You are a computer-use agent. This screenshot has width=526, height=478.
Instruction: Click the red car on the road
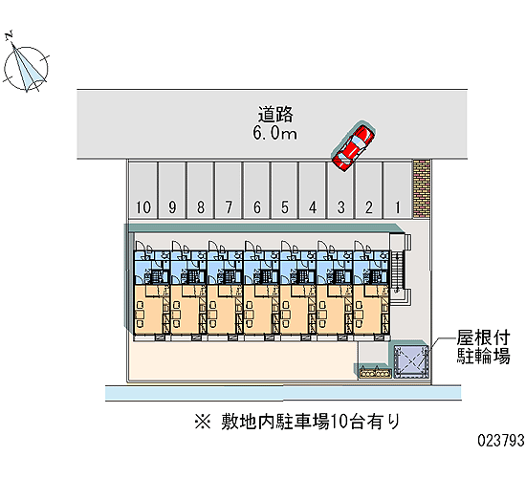[353, 147]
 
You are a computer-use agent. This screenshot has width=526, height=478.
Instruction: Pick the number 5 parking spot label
[285, 207]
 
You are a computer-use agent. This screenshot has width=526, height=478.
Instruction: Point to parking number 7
[229, 207]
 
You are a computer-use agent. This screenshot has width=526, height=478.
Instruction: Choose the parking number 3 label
[341, 207]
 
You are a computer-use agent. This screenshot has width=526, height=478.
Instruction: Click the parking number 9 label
[172, 207]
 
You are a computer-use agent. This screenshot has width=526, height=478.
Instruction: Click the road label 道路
[275, 115]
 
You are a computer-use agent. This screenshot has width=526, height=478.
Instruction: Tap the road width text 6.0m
[274, 133]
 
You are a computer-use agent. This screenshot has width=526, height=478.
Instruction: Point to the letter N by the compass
[9, 34]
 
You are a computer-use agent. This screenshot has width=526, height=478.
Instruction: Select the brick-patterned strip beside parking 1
[422, 189]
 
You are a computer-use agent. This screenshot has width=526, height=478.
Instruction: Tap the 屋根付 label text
[483, 337]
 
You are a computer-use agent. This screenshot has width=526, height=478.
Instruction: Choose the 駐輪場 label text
[483, 356]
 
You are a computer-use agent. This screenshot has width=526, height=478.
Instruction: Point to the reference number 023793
[501, 440]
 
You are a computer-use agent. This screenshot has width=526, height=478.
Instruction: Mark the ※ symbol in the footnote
[203, 422]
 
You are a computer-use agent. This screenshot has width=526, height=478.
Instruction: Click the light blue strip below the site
[283, 393]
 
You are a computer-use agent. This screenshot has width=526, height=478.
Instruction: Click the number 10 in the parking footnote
[339, 422]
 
